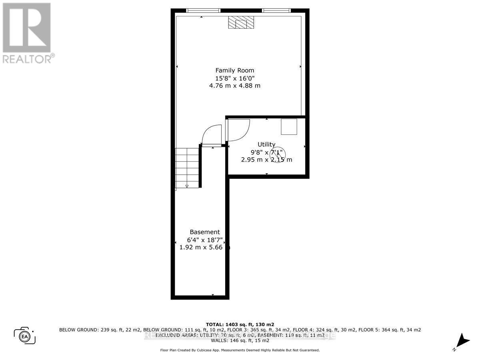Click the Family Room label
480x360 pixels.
(x=235, y=70)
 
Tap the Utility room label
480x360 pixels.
(x=266, y=144)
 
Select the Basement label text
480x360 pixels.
(x=204, y=232)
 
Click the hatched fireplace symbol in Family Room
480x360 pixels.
(x=241, y=23)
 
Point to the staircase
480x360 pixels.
(x=187, y=168)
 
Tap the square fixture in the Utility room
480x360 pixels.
(x=289, y=126)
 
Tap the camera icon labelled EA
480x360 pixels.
(x=25, y=335)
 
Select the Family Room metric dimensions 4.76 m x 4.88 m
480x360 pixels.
(x=235, y=86)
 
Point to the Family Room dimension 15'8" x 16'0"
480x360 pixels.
(x=235, y=78)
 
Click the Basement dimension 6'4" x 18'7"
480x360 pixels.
(x=205, y=240)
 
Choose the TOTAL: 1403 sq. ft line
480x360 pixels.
(x=240, y=324)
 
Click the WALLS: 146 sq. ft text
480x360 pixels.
(x=240, y=341)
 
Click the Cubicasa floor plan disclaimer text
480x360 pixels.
(x=240, y=350)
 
